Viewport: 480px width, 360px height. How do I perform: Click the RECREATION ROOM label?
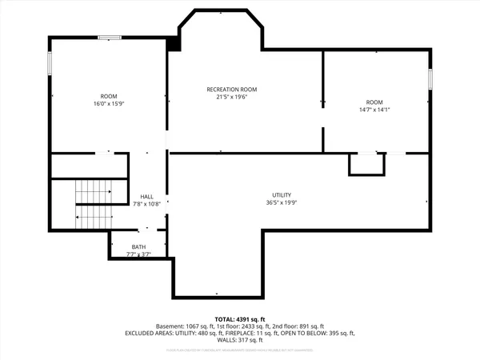click(232, 90)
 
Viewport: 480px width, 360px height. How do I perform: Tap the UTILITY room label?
click(281, 195)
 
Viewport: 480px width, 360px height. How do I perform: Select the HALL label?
click(147, 197)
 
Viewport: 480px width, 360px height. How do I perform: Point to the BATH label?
click(138, 247)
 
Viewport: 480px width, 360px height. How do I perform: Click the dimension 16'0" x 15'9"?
click(108, 103)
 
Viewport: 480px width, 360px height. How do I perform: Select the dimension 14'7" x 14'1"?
click(374, 110)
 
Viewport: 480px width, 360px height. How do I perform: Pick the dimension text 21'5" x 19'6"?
click(232, 97)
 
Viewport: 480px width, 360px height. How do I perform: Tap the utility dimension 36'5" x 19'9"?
click(281, 202)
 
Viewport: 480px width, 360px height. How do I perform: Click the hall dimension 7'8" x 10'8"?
click(147, 204)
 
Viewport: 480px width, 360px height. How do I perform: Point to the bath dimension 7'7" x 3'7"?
click(138, 254)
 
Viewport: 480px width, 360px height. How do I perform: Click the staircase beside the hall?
click(93, 204)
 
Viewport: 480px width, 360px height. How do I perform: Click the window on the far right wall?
click(430, 78)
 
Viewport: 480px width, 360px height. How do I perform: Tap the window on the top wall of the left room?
click(110, 37)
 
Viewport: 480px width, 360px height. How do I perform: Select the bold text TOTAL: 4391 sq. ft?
click(239, 319)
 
